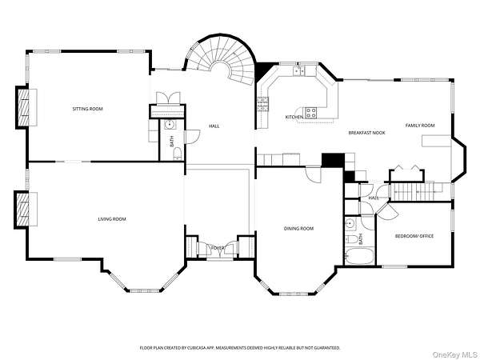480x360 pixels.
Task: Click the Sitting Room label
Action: pos(87,109)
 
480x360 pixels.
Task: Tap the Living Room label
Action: pos(112,219)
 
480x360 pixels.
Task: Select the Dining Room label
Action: pos(298,228)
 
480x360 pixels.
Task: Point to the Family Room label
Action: pos(420,126)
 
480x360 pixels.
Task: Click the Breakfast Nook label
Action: pos(366,133)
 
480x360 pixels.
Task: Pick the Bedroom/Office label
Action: pos(414,236)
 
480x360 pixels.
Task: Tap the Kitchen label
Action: pos(294,117)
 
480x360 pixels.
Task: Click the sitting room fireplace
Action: pos(26,107)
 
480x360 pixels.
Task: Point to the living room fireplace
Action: pos(26,210)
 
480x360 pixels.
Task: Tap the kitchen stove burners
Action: pos(311,112)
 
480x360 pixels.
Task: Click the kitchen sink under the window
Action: pos(298,70)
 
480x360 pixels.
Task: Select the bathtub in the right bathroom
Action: pos(359,256)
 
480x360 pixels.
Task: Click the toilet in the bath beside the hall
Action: pos(178,154)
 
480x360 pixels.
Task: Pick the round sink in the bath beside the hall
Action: pos(170,125)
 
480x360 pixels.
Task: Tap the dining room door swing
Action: pos(314,174)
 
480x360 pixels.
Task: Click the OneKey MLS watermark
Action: pos(455,354)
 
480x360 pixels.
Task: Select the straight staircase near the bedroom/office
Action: pos(416,191)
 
